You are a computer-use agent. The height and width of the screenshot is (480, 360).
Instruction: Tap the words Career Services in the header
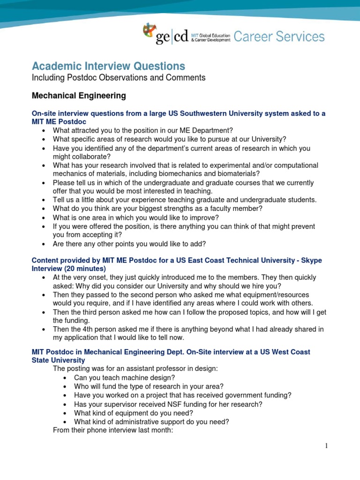point(279,37)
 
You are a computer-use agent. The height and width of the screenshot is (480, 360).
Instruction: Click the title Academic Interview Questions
point(108,66)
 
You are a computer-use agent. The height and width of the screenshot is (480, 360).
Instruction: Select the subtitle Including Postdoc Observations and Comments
point(118,78)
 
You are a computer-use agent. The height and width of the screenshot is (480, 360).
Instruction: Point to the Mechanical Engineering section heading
point(78,96)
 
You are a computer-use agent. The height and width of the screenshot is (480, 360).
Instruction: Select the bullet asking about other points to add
point(129,244)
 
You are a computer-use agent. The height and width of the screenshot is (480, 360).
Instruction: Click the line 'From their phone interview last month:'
point(113,430)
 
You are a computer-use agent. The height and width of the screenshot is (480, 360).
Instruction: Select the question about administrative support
point(151,421)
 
